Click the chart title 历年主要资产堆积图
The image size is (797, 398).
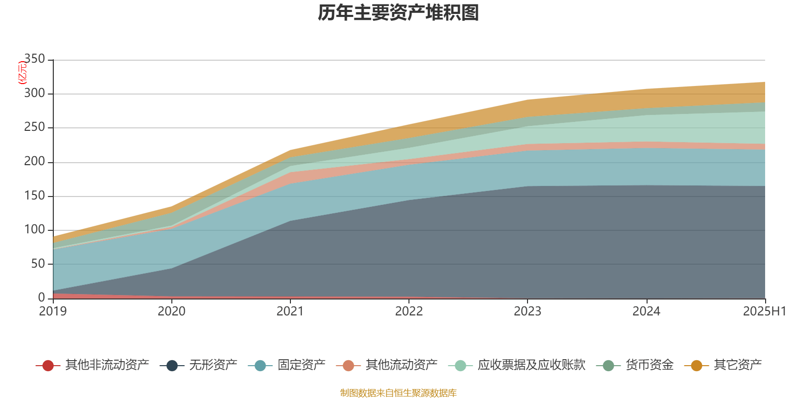click(398, 13)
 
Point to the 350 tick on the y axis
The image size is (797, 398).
click(34, 59)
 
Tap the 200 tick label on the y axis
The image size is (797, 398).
click(34, 162)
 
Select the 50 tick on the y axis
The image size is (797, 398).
click(38, 264)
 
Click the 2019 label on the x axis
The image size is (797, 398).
click(53, 311)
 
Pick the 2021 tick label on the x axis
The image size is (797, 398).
click(290, 311)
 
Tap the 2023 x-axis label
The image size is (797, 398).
click(528, 311)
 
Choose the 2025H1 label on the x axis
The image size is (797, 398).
click(764, 311)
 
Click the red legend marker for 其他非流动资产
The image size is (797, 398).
click(48, 366)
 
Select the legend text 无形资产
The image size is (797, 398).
click(213, 365)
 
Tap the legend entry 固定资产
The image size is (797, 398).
click(301, 365)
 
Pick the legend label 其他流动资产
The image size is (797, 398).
click(401, 365)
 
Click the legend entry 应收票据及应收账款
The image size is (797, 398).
click(531, 365)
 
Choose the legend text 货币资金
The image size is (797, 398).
click(650, 365)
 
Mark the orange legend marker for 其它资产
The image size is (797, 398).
click(696, 366)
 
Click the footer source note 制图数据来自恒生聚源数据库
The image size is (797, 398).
click(398, 393)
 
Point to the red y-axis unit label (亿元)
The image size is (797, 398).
click(22, 73)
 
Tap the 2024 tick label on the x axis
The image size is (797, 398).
click(646, 311)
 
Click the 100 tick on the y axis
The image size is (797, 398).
click(34, 230)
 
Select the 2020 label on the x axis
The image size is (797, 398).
click(171, 311)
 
